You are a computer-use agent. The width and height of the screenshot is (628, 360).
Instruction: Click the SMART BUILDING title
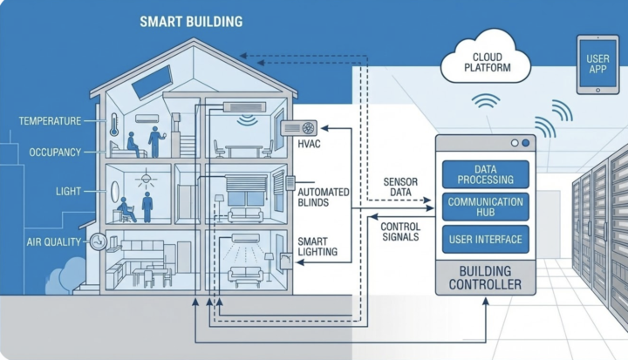pos(191,21)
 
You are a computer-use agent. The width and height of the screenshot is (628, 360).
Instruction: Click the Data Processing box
pos(486,174)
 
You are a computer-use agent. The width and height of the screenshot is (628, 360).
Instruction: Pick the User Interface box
pos(486,239)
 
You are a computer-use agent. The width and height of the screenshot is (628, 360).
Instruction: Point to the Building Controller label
pos(485,278)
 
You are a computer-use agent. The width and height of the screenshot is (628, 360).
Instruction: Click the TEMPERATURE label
pos(50,121)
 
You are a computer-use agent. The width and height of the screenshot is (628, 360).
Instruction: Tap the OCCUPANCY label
pos(55,153)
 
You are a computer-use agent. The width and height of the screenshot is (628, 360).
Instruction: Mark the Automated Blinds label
pos(324,197)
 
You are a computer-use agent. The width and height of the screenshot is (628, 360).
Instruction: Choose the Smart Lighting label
pos(313,247)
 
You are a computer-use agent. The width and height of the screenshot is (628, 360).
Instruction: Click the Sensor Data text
pos(400,187)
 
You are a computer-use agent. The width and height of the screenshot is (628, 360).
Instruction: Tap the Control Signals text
pos(400,230)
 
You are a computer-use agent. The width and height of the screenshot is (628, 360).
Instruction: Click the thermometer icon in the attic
pos(114,126)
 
